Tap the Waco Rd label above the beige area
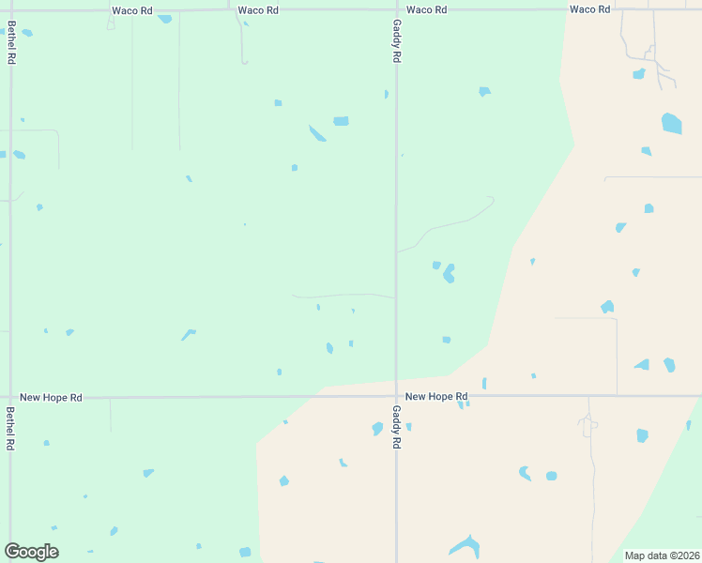(x=589, y=9)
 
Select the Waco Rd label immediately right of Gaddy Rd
(x=426, y=9)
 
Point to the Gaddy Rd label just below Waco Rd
(x=397, y=41)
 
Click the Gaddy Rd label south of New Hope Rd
(x=397, y=426)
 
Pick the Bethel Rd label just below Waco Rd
(x=11, y=43)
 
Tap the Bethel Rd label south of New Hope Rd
(x=10, y=428)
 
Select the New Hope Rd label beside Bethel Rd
(x=51, y=398)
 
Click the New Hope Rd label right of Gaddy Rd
(x=435, y=397)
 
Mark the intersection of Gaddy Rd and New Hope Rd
(x=396, y=396)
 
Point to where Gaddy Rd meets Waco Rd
(x=396, y=9)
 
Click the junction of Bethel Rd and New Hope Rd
(x=10, y=397)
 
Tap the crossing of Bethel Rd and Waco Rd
(x=10, y=10)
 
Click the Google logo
(x=31, y=552)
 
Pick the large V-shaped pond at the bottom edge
(x=465, y=546)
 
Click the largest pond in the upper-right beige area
(x=671, y=123)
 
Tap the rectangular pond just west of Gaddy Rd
(x=341, y=121)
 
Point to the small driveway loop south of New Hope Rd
(x=588, y=426)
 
